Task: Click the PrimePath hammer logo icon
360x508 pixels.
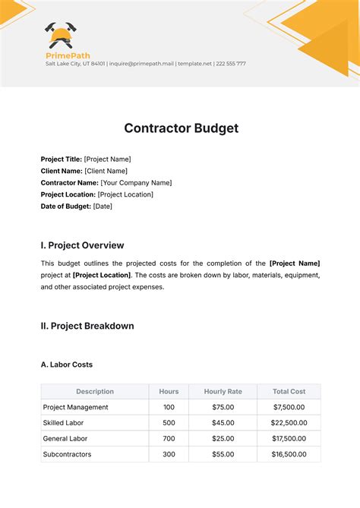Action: point(62,35)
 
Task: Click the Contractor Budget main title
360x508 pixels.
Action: point(180,128)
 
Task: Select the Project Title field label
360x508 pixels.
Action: point(62,159)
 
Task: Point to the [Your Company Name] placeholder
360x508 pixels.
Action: point(136,183)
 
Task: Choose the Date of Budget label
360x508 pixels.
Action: point(66,207)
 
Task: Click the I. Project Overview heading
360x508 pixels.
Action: point(82,245)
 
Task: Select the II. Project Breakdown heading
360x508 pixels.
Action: point(87,326)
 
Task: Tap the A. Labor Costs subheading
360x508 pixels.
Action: point(67,364)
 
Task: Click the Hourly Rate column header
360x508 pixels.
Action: point(223,392)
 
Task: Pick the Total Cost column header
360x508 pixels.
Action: point(289,392)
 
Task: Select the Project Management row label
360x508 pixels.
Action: point(76,407)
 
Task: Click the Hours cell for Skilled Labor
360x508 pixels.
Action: point(169,423)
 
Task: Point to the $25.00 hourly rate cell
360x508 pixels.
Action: point(223,439)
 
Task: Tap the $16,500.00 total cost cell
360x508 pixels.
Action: point(289,454)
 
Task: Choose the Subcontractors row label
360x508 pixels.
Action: point(68,454)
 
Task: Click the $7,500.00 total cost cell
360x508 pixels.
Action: point(289,407)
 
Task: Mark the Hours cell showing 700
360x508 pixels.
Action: point(169,439)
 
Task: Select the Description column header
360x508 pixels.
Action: point(95,392)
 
